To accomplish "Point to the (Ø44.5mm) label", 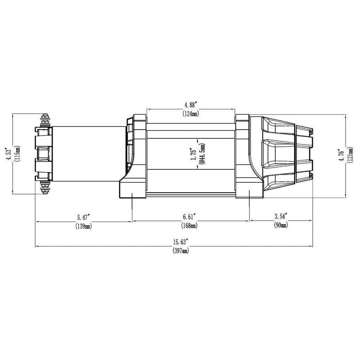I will coord(203,154).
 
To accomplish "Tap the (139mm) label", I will coord(84,227).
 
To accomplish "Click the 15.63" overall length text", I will coord(180,242).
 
